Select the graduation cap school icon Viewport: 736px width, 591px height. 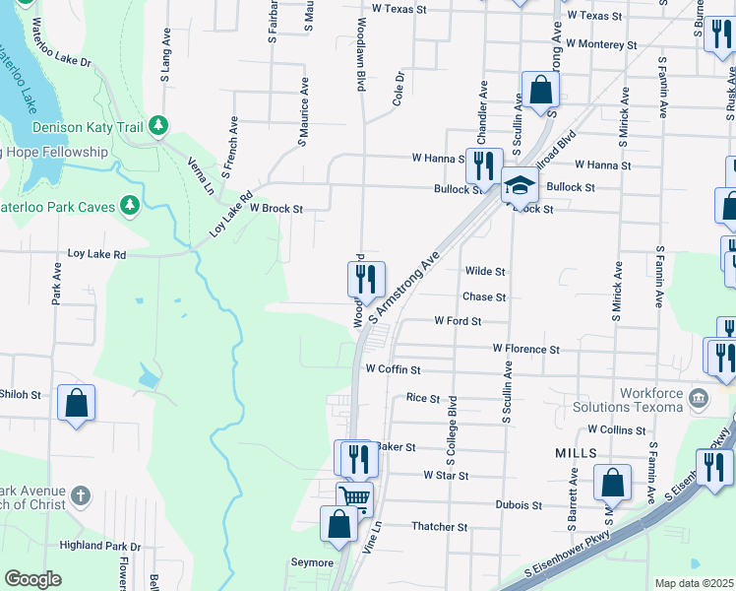point(518,184)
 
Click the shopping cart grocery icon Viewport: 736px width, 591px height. point(354,497)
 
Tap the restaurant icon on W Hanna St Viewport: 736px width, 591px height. point(483,164)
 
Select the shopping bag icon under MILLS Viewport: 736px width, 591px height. point(612,483)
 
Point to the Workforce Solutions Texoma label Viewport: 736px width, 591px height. point(650,400)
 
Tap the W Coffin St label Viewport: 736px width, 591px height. point(393,369)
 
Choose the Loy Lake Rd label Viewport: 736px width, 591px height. point(96,254)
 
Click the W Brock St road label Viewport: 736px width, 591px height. point(276,209)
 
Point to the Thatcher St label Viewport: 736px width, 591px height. point(439,527)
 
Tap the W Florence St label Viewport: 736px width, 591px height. point(525,349)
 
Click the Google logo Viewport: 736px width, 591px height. point(32,578)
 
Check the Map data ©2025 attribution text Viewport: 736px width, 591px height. point(695,583)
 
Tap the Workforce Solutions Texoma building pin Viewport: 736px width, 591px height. point(699,399)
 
